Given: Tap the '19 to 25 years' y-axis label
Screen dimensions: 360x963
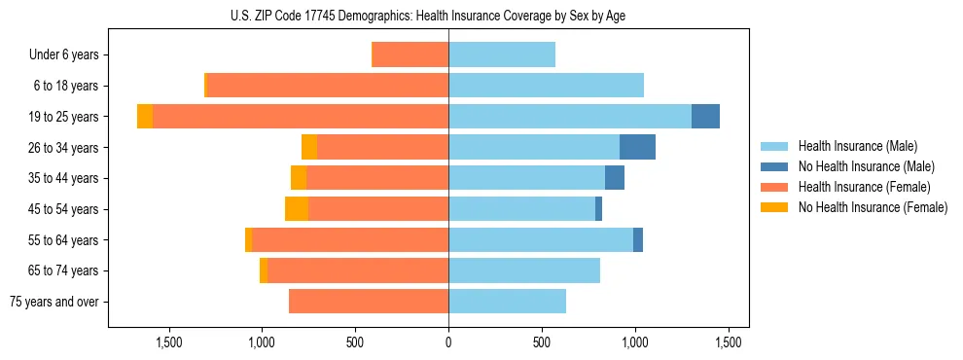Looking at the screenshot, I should [x=59, y=117].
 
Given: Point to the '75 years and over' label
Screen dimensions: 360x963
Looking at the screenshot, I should [x=54, y=302].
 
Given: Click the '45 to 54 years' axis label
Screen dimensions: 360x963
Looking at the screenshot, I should [x=59, y=209].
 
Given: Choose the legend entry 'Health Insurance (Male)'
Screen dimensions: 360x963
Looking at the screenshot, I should [x=856, y=146].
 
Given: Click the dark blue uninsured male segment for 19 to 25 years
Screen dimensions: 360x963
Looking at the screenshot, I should [x=705, y=117].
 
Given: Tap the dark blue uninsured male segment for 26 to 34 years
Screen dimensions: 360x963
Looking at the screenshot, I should [x=637, y=147].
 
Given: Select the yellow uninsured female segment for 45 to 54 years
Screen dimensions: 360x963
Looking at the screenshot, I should [x=297, y=209].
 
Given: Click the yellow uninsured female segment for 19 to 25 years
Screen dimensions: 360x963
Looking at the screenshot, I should [x=145, y=117].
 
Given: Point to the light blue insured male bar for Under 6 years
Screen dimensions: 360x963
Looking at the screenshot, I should [x=502, y=54].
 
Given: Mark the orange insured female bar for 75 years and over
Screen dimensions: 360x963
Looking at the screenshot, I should [x=369, y=302].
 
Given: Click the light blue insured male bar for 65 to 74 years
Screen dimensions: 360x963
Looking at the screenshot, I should [x=524, y=270].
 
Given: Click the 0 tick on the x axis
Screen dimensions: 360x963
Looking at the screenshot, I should [x=448, y=342].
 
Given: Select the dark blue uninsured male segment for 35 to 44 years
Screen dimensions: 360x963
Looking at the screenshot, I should [x=615, y=178].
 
